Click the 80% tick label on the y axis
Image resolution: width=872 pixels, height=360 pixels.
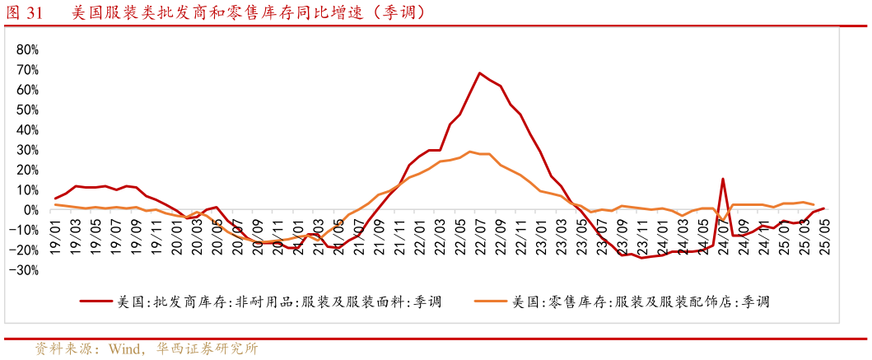[27, 50]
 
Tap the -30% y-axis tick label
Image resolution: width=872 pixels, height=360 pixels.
[25, 270]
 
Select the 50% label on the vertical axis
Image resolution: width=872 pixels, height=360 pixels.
[27, 110]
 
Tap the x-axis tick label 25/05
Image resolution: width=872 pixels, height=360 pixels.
[821, 238]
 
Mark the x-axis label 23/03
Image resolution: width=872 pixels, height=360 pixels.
[560, 238]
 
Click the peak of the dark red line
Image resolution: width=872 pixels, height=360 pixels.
[479, 73]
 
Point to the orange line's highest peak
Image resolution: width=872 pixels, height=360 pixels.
[469, 152]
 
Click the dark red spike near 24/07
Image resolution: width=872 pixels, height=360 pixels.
[723, 179]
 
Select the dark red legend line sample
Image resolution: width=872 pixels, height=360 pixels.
[96, 302]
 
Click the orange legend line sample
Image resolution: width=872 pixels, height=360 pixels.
[491, 302]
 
